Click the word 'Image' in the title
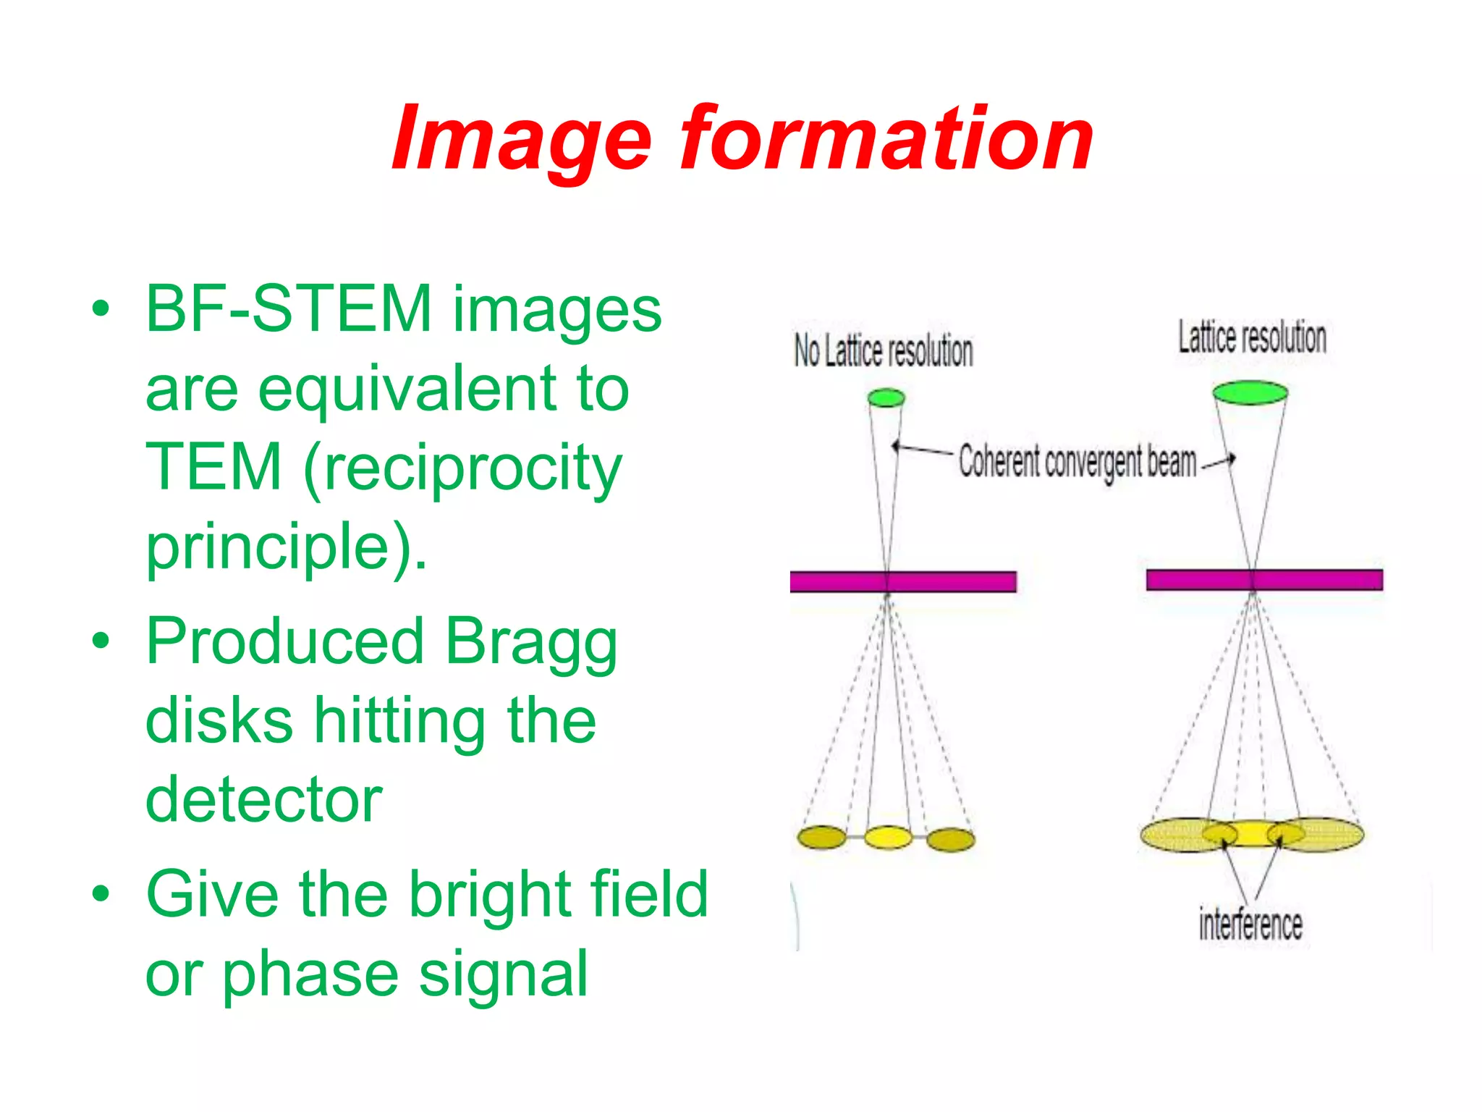point(521,139)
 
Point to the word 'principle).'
point(287,547)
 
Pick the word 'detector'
point(264,800)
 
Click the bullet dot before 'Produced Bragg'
point(101,641)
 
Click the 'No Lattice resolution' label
point(883,351)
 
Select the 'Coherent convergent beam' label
point(1077,461)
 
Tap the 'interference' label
point(1250,925)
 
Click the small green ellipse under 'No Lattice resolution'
point(886,397)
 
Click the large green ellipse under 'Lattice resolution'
point(1250,393)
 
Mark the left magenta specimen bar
point(902,581)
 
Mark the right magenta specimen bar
point(1263,580)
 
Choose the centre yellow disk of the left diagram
point(888,838)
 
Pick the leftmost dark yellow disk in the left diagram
point(822,838)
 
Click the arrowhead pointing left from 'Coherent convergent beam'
point(895,446)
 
